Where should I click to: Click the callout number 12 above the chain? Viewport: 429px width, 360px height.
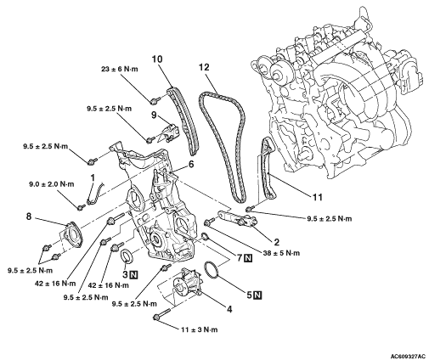204,67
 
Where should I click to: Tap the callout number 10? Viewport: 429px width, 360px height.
157,59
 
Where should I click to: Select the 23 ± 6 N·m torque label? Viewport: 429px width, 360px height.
120,69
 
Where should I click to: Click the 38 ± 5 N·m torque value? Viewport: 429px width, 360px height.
281,253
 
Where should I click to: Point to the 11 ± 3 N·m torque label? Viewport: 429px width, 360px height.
200,329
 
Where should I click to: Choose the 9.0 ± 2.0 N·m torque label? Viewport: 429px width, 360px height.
52,184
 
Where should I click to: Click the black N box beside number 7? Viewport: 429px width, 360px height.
248,258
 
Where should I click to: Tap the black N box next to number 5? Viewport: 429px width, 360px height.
257,295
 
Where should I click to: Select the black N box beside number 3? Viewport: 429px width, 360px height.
133,274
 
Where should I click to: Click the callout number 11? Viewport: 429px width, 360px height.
317,197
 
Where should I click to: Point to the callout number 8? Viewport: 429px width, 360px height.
29,217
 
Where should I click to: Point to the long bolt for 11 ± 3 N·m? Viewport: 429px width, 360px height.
161,314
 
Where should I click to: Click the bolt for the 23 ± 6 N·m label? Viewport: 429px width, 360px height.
155,99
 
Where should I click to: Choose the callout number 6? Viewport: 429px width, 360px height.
191,164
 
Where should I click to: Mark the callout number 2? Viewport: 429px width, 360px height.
276,242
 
